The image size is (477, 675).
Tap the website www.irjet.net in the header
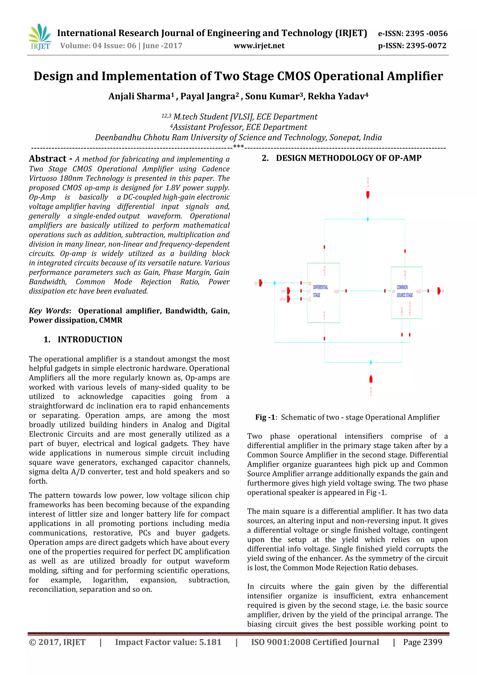259,46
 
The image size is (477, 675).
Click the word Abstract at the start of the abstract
48,159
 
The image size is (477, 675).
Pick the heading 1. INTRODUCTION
83,339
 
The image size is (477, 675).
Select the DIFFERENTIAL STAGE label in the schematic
320,291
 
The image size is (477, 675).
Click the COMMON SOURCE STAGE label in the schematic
404,291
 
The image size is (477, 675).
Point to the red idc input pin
260,283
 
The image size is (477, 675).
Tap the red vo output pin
439,291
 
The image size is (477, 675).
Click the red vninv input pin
288,299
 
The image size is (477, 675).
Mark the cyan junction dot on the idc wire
275,283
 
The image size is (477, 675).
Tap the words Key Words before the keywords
49,311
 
